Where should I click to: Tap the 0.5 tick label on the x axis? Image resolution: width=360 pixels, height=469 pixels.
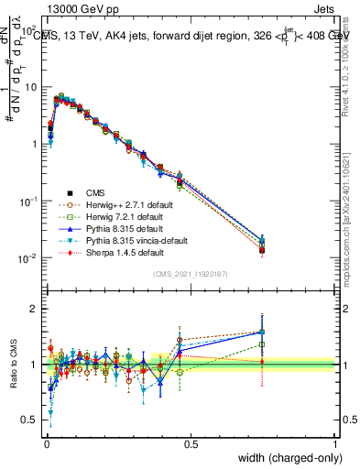[x=191, y=444]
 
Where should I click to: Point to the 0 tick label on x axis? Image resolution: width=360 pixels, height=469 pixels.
[x=46, y=444]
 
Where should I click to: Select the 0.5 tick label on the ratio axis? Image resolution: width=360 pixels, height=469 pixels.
[x=30, y=421]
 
